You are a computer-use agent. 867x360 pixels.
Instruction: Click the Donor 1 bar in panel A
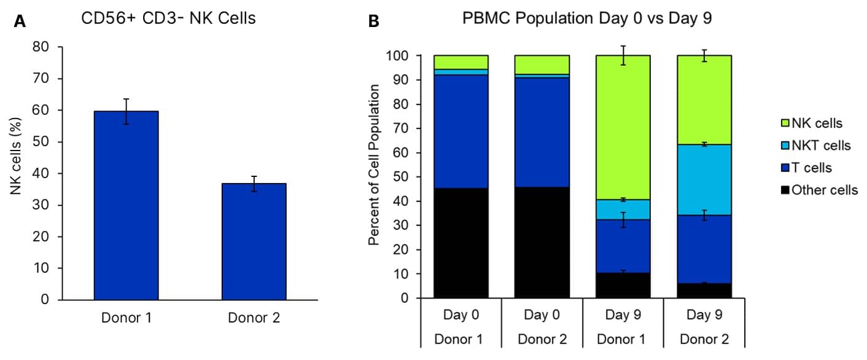pos(125,206)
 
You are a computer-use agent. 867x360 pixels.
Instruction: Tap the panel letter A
pos(20,22)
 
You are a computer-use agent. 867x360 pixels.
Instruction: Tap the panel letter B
pos(373,22)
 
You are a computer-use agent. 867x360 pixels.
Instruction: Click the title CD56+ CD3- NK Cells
pos(168,19)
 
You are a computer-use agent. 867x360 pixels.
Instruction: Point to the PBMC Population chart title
pos(587,19)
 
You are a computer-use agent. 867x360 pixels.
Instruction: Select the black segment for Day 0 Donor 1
pos(461,243)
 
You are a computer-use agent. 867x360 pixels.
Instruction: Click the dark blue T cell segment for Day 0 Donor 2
pos(542,132)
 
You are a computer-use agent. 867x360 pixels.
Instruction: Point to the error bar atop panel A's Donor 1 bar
pos(125,111)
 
